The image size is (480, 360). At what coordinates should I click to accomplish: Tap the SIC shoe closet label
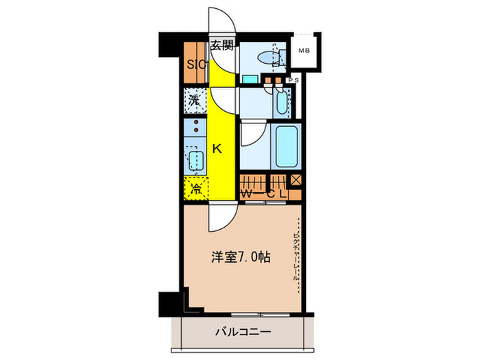(195, 67)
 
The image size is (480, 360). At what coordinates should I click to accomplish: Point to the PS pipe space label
(293, 81)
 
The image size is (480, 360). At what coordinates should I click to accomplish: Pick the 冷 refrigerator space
(196, 189)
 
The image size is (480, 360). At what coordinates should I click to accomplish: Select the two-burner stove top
(196, 127)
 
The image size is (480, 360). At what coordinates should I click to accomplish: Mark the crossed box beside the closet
(296, 181)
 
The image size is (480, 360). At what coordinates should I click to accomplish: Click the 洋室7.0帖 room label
(239, 259)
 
